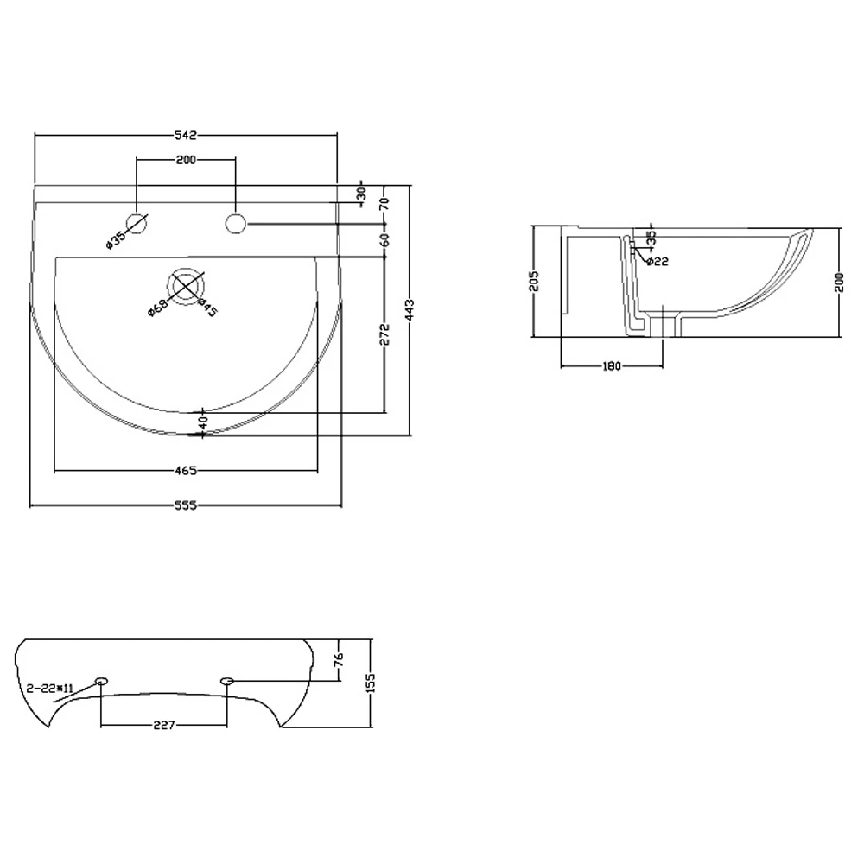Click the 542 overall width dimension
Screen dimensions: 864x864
(186, 135)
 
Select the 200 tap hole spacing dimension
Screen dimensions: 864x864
(186, 160)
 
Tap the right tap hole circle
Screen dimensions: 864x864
(235, 223)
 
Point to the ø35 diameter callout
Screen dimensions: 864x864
(115, 239)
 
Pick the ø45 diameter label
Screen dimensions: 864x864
(207, 308)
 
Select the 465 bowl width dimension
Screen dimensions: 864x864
(186, 471)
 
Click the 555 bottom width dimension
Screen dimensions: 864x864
(186, 506)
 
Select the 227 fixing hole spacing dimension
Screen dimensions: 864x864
(163, 725)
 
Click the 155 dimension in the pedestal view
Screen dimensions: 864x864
(372, 683)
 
